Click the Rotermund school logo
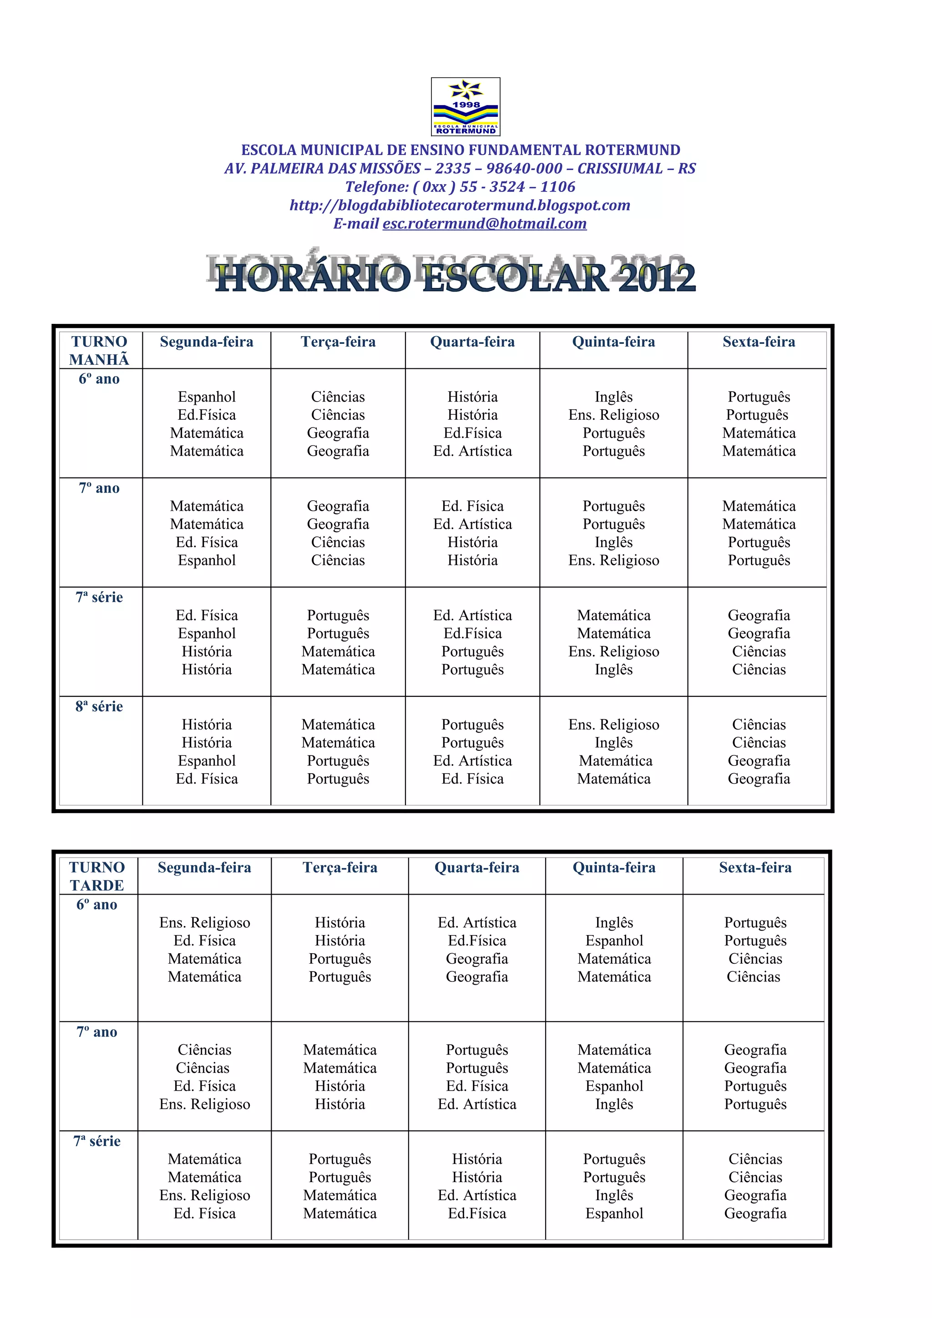(465, 107)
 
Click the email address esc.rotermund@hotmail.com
(484, 224)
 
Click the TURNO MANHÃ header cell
(99, 350)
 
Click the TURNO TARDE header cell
(97, 876)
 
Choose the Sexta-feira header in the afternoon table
(755, 867)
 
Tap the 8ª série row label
(99, 707)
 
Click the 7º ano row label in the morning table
(99, 488)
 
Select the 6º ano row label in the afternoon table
(97, 905)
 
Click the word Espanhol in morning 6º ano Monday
(207, 397)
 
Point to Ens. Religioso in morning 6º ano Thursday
(613, 415)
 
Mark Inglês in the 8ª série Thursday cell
(613, 743)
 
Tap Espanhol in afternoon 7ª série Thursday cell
(614, 1213)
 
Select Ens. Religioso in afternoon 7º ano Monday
(204, 1104)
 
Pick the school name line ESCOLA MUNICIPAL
(460, 151)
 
